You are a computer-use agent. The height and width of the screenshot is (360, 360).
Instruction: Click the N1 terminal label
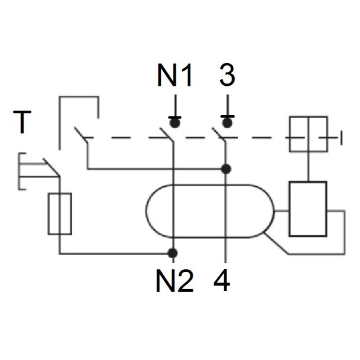click(x=175, y=76)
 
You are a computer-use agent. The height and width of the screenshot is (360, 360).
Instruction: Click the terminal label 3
click(x=227, y=76)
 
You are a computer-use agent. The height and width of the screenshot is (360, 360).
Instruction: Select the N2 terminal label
click(x=175, y=280)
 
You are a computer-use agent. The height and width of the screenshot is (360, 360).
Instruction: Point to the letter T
click(x=23, y=122)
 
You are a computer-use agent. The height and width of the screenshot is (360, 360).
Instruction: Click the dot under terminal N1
click(x=175, y=122)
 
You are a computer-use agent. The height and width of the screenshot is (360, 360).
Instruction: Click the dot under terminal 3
click(x=227, y=122)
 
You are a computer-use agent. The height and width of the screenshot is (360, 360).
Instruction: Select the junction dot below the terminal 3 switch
click(x=226, y=169)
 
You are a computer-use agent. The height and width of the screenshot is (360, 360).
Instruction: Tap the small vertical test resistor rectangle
click(x=60, y=213)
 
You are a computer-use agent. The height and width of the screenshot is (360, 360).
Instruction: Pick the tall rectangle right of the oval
click(x=307, y=209)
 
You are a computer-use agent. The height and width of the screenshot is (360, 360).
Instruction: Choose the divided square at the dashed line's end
click(x=308, y=134)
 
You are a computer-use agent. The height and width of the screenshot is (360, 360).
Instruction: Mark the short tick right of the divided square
click(x=341, y=140)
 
